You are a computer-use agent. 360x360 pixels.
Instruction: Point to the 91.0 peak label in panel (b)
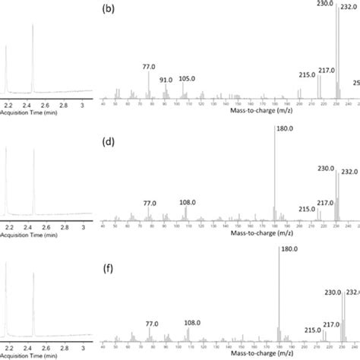166,81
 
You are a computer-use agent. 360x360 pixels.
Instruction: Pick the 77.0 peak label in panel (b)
149,67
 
